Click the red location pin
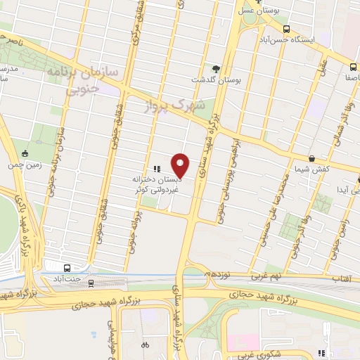181,165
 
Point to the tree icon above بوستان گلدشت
215,69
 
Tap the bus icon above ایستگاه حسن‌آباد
286,29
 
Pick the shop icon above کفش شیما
311,158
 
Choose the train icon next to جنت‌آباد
67,267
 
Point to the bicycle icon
145,345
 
